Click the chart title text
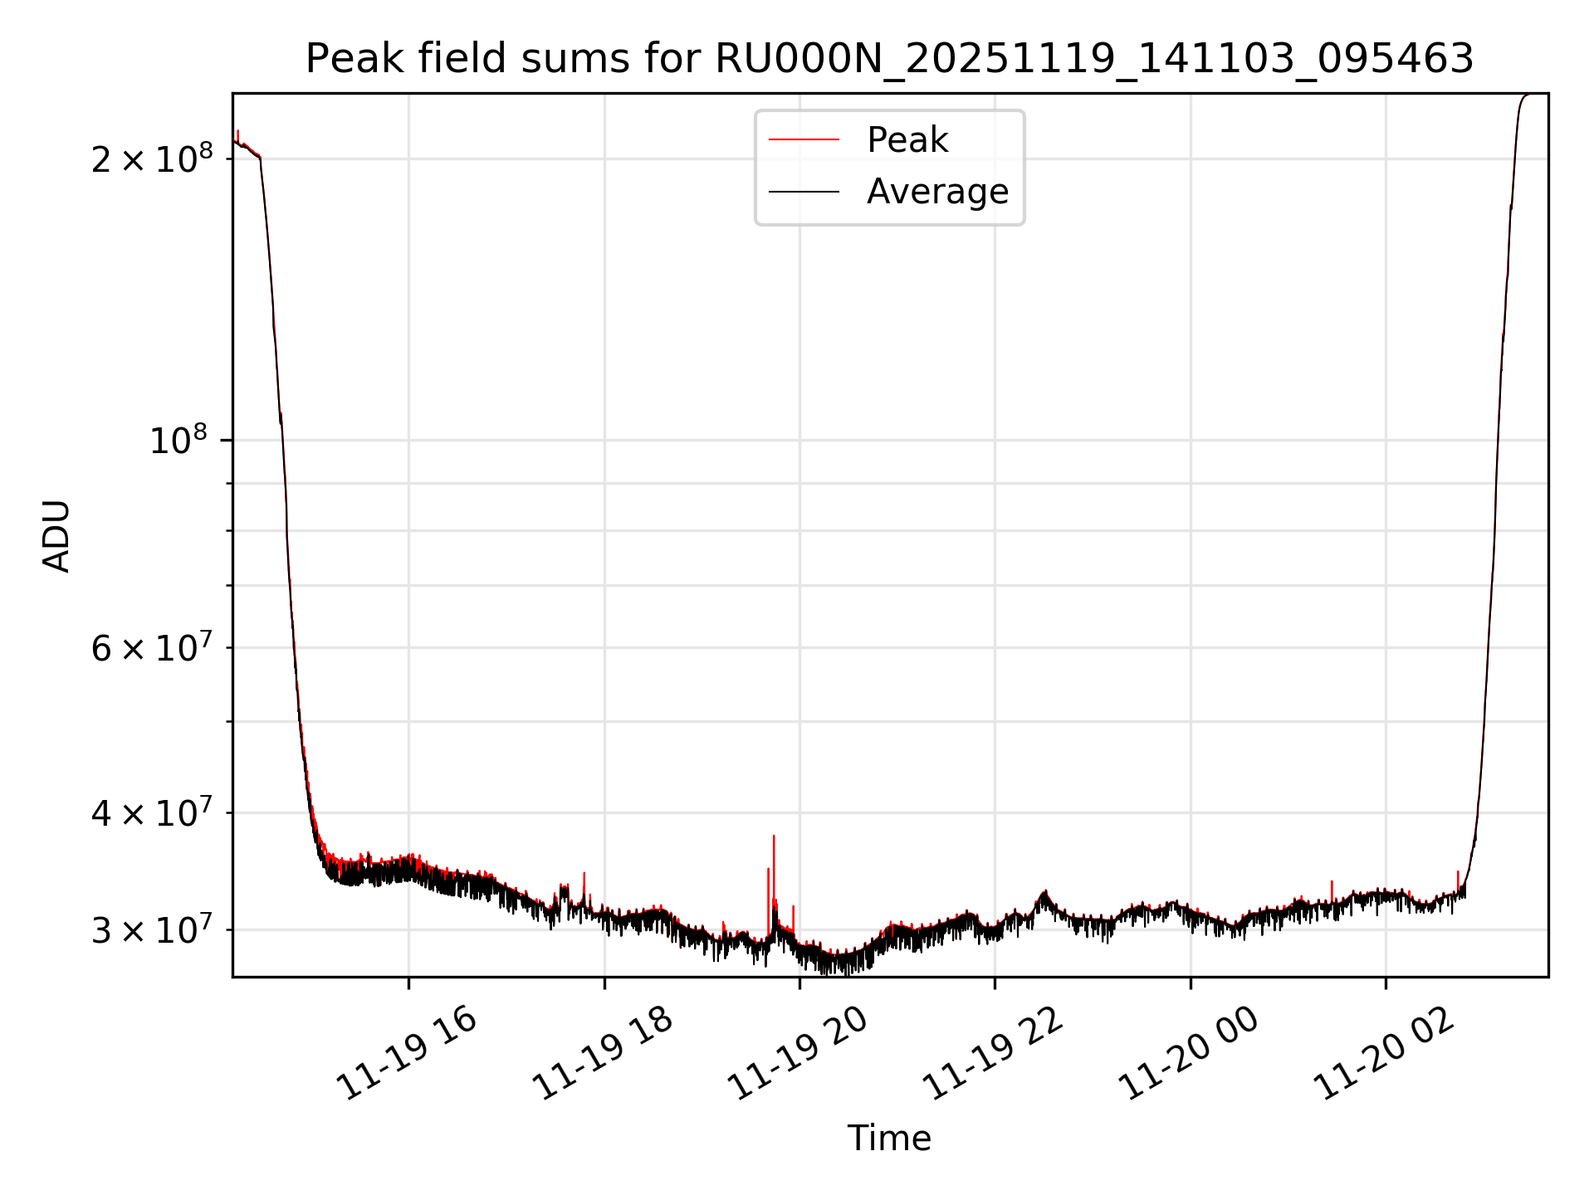(x=889, y=59)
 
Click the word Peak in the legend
(x=907, y=140)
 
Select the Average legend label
(x=937, y=192)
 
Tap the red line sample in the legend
(x=804, y=140)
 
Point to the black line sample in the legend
(x=804, y=192)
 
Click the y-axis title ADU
(x=56, y=536)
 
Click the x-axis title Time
(x=889, y=1138)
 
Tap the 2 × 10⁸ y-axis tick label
(x=152, y=158)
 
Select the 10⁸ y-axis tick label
(x=178, y=440)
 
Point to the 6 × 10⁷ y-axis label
(x=152, y=647)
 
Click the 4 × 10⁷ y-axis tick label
(x=152, y=812)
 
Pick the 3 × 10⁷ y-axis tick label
(x=152, y=929)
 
